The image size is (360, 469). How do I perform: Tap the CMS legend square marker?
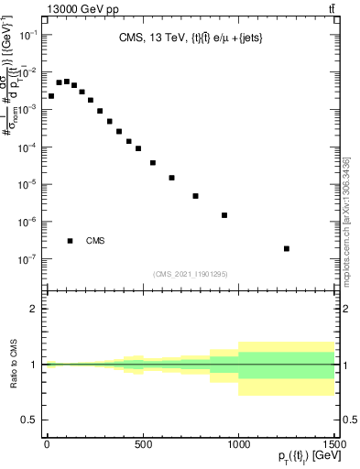(x=70, y=241)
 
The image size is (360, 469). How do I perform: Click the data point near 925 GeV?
(x=224, y=215)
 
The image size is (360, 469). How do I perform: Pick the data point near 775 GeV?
(x=195, y=196)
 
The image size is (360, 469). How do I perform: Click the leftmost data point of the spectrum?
(x=51, y=95)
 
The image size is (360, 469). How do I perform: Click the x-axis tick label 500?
(x=142, y=444)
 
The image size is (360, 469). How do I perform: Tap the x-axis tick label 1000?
(x=238, y=444)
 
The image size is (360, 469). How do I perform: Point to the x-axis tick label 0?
(x=47, y=444)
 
